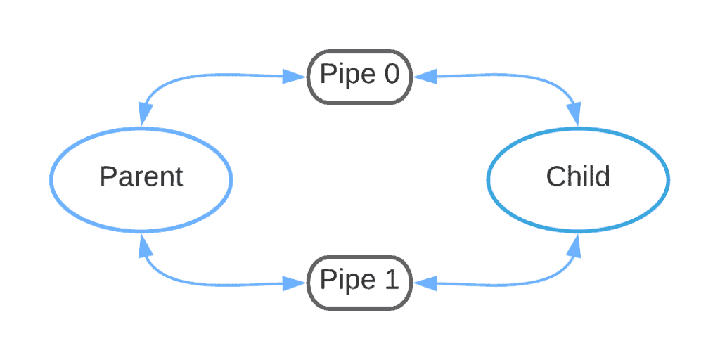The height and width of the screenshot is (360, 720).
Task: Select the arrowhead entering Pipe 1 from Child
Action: pos(424,283)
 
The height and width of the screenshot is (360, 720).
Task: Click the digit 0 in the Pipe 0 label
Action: pos(390,75)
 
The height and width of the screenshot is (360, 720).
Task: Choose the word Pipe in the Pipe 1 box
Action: pos(343,281)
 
